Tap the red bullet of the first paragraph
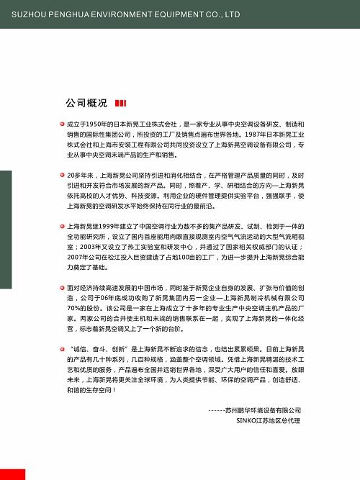tap(63, 124)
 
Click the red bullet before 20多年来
tap(63, 175)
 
